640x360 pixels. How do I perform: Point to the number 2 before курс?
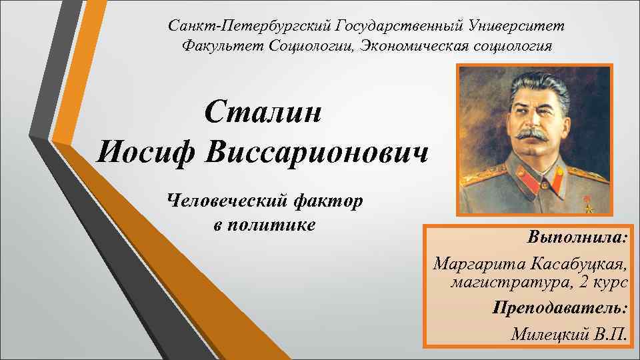pyautogui.click(x=583, y=282)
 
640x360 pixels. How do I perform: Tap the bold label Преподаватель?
pyautogui.click(x=560, y=308)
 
